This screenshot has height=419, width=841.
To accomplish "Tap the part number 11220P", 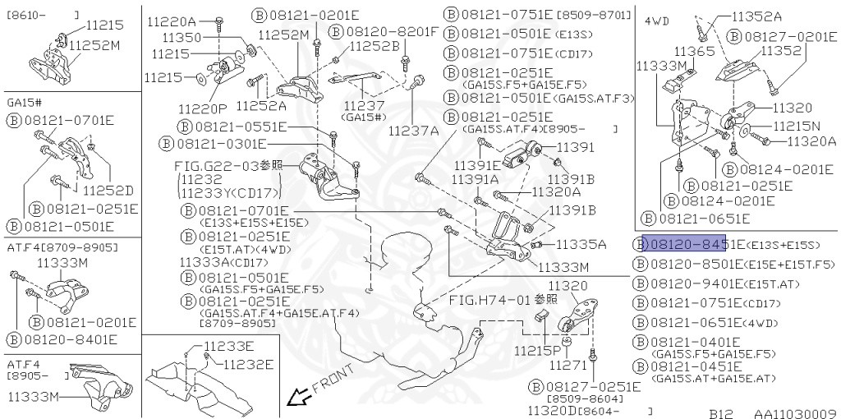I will click(200, 107).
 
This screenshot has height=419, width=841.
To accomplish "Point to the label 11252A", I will click(260, 105).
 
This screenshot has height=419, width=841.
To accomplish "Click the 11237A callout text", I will click(413, 130).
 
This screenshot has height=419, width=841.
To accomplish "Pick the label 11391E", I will click(476, 164).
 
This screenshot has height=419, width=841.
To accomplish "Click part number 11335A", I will click(581, 244).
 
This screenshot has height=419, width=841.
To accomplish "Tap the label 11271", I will click(568, 364).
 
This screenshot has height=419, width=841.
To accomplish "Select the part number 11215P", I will click(537, 351).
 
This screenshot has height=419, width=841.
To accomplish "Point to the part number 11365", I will click(694, 51).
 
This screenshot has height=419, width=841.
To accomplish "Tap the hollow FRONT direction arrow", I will click(299, 398).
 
